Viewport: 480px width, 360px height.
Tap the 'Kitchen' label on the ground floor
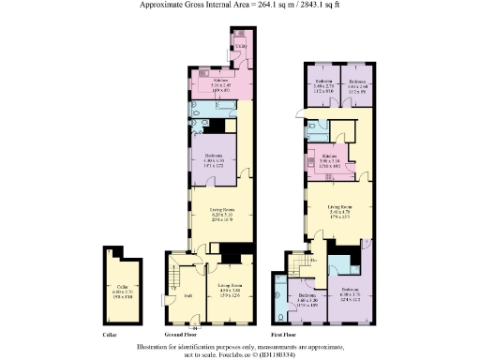tap(221, 81)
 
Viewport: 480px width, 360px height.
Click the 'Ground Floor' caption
tap(181, 334)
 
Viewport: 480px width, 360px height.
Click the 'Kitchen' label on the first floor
tap(330, 156)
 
